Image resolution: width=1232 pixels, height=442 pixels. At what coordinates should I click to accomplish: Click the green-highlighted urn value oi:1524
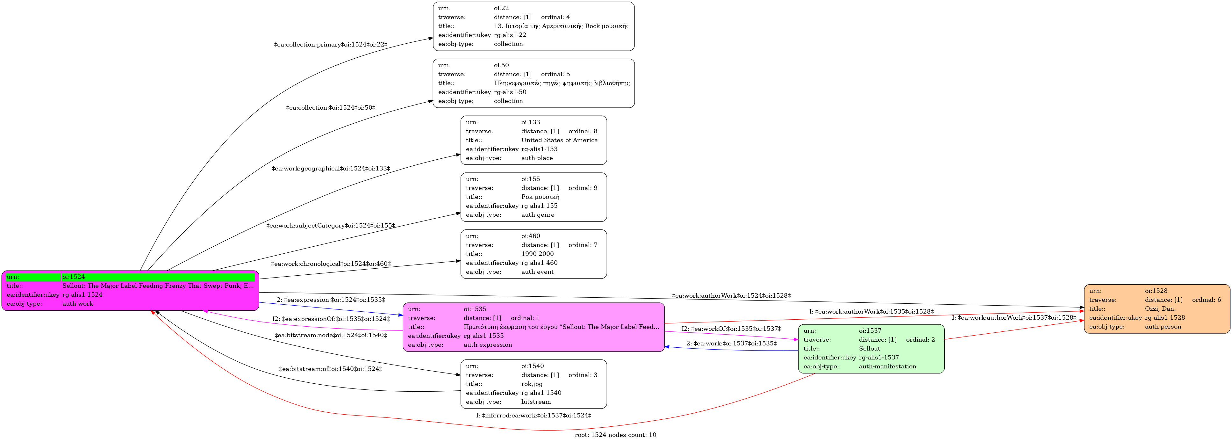[74, 277]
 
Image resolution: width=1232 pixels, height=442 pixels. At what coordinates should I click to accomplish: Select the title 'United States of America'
[560, 140]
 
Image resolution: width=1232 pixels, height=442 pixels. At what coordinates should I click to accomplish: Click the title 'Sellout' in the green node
[870, 349]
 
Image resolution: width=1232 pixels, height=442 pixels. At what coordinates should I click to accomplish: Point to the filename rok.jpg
[532, 384]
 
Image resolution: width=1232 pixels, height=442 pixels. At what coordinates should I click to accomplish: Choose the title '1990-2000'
[538, 254]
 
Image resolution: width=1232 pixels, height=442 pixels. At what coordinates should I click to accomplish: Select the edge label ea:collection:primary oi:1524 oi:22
[331, 45]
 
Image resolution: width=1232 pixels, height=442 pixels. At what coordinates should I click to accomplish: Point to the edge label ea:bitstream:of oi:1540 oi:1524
[331, 369]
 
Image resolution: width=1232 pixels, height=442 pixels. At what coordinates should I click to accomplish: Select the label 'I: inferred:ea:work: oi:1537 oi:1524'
[534, 416]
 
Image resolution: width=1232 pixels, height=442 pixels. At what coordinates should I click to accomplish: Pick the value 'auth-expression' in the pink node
[488, 345]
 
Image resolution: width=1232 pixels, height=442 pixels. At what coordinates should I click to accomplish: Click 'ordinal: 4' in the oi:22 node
[555, 17]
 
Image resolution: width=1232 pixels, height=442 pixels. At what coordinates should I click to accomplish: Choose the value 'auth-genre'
[538, 215]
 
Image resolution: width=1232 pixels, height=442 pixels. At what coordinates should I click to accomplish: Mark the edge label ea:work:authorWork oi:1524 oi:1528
[731, 296]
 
